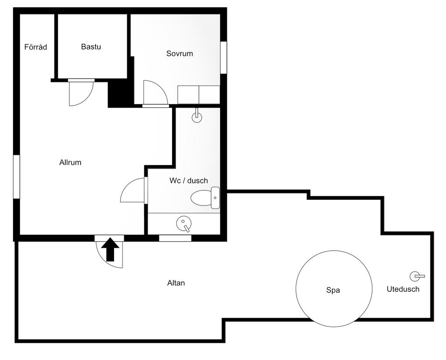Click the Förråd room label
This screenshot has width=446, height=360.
[36, 47]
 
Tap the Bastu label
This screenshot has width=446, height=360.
[91, 47]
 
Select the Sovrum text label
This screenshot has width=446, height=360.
[179, 54]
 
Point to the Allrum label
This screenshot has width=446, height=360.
[70, 162]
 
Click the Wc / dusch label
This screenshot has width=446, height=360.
[189, 181]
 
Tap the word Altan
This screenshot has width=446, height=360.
[176, 283]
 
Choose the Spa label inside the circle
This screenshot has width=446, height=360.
[333, 290]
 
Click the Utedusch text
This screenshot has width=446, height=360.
[403, 289]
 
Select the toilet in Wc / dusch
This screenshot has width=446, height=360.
[205, 198]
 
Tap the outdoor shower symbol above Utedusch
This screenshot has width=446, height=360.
[417, 276]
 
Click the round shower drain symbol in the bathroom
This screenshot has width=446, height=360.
[184, 223]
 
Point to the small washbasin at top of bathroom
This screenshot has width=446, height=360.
[197, 116]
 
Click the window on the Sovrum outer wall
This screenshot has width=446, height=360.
[223, 57]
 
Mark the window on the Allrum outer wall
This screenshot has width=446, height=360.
[17, 177]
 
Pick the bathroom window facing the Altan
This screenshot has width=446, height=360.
[175, 238]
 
